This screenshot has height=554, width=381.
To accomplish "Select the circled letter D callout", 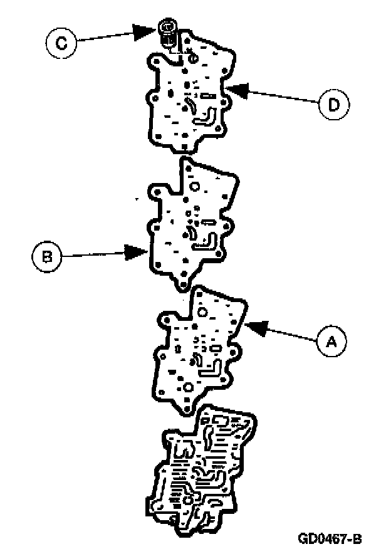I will [333, 104].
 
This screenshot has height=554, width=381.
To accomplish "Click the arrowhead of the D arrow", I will [229, 89].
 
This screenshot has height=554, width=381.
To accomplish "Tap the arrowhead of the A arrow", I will [250, 325].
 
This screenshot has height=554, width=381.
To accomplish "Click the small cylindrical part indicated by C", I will [168, 33].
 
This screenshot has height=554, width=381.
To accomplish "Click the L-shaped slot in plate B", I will [207, 242].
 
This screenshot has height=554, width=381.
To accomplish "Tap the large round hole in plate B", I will [194, 187].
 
